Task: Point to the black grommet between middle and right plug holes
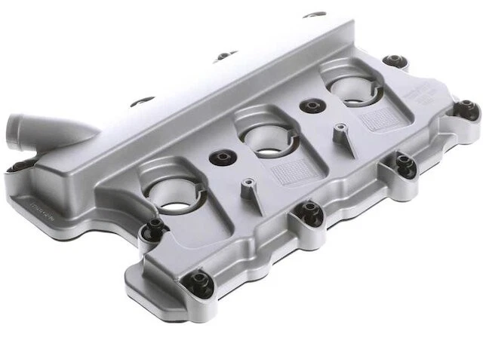(x=309, y=106)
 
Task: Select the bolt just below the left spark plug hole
(x=155, y=227)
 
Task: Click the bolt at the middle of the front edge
(x=309, y=212)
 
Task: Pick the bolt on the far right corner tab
(x=467, y=109)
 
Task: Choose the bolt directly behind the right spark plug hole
(x=393, y=60)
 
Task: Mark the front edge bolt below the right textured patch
(x=405, y=164)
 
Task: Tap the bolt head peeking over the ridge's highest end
(x=314, y=14)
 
